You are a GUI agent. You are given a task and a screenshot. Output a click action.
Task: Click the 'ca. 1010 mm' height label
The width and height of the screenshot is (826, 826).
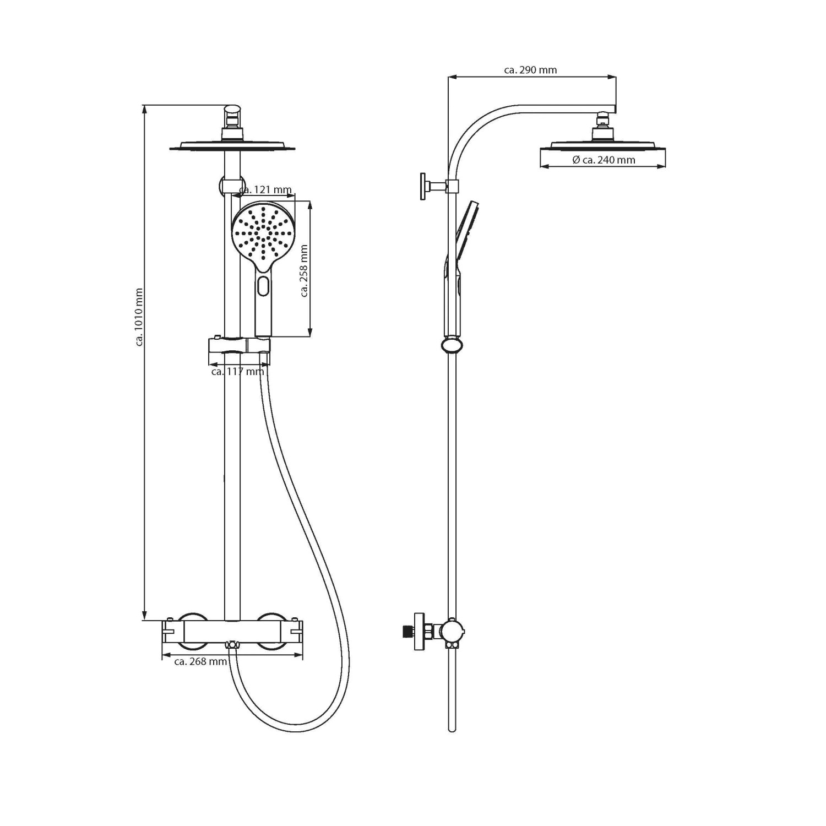click(x=139, y=317)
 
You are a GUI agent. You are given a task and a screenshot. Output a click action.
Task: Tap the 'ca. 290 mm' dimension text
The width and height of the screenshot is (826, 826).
click(x=530, y=70)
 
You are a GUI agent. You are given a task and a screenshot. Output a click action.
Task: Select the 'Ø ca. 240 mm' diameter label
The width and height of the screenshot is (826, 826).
click(x=604, y=160)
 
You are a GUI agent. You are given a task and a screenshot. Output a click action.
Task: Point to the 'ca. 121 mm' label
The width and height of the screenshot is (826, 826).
click(x=265, y=190)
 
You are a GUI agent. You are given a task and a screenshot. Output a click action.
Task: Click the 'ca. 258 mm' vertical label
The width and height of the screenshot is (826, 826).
click(x=304, y=271)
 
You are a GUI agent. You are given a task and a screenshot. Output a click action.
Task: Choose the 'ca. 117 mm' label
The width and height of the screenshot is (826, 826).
click(x=238, y=372)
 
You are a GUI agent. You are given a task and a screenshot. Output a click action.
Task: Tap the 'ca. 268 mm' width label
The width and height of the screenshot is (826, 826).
click(x=200, y=661)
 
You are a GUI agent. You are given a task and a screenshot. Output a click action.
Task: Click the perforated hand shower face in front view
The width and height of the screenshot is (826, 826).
click(x=263, y=232)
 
